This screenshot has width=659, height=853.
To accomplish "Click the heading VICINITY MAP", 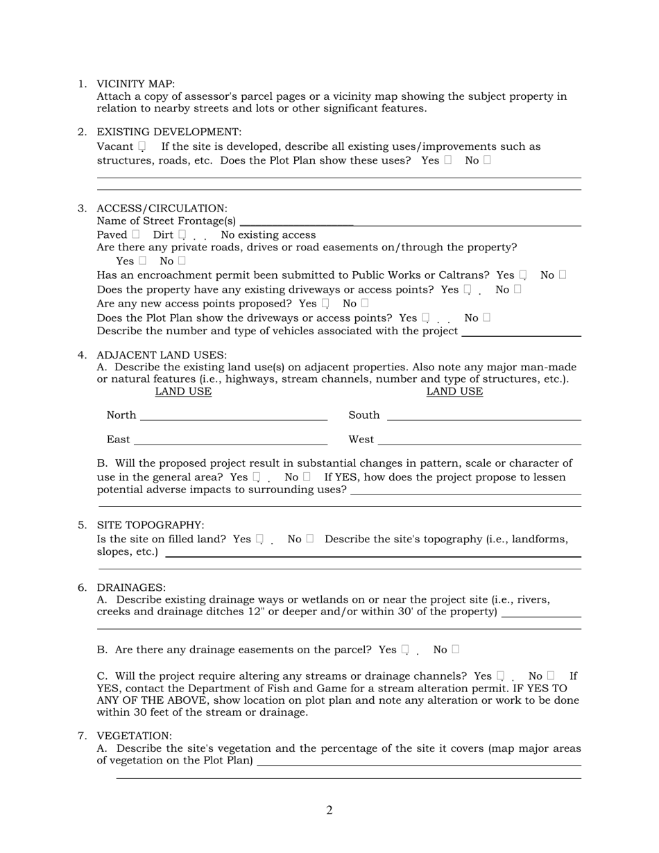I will (x=135, y=84).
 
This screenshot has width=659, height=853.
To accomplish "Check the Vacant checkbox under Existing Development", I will (x=142, y=146).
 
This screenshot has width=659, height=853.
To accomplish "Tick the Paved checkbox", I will (x=135, y=234).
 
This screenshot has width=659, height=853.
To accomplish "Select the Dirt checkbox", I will (x=182, y=234).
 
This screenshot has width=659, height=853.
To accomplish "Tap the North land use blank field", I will (x=233, y=415).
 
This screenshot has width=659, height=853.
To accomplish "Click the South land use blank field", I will (x=483, y=415).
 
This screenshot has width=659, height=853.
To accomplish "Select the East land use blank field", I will (x=230, y=440).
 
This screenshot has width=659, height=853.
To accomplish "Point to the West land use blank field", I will (x=479, y=440).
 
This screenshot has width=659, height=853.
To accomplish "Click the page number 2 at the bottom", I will (x=329, y=810).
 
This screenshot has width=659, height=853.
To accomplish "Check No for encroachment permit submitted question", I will (x=562, y=275).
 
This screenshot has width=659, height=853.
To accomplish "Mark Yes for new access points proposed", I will (x=325, y=303).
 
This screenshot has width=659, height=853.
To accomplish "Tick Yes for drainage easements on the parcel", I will (x=405, y=649).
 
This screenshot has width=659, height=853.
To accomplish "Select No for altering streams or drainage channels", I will (x=550, y=675).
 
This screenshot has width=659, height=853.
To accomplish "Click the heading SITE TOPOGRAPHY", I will (x=150, y=525).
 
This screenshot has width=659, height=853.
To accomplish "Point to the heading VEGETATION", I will (x=134, y=736).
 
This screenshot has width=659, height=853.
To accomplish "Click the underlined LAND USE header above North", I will (x=183, y=392).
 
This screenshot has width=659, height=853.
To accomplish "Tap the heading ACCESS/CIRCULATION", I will (x=162, y=208).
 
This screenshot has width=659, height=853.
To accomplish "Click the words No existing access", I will (x=268, y=235).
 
